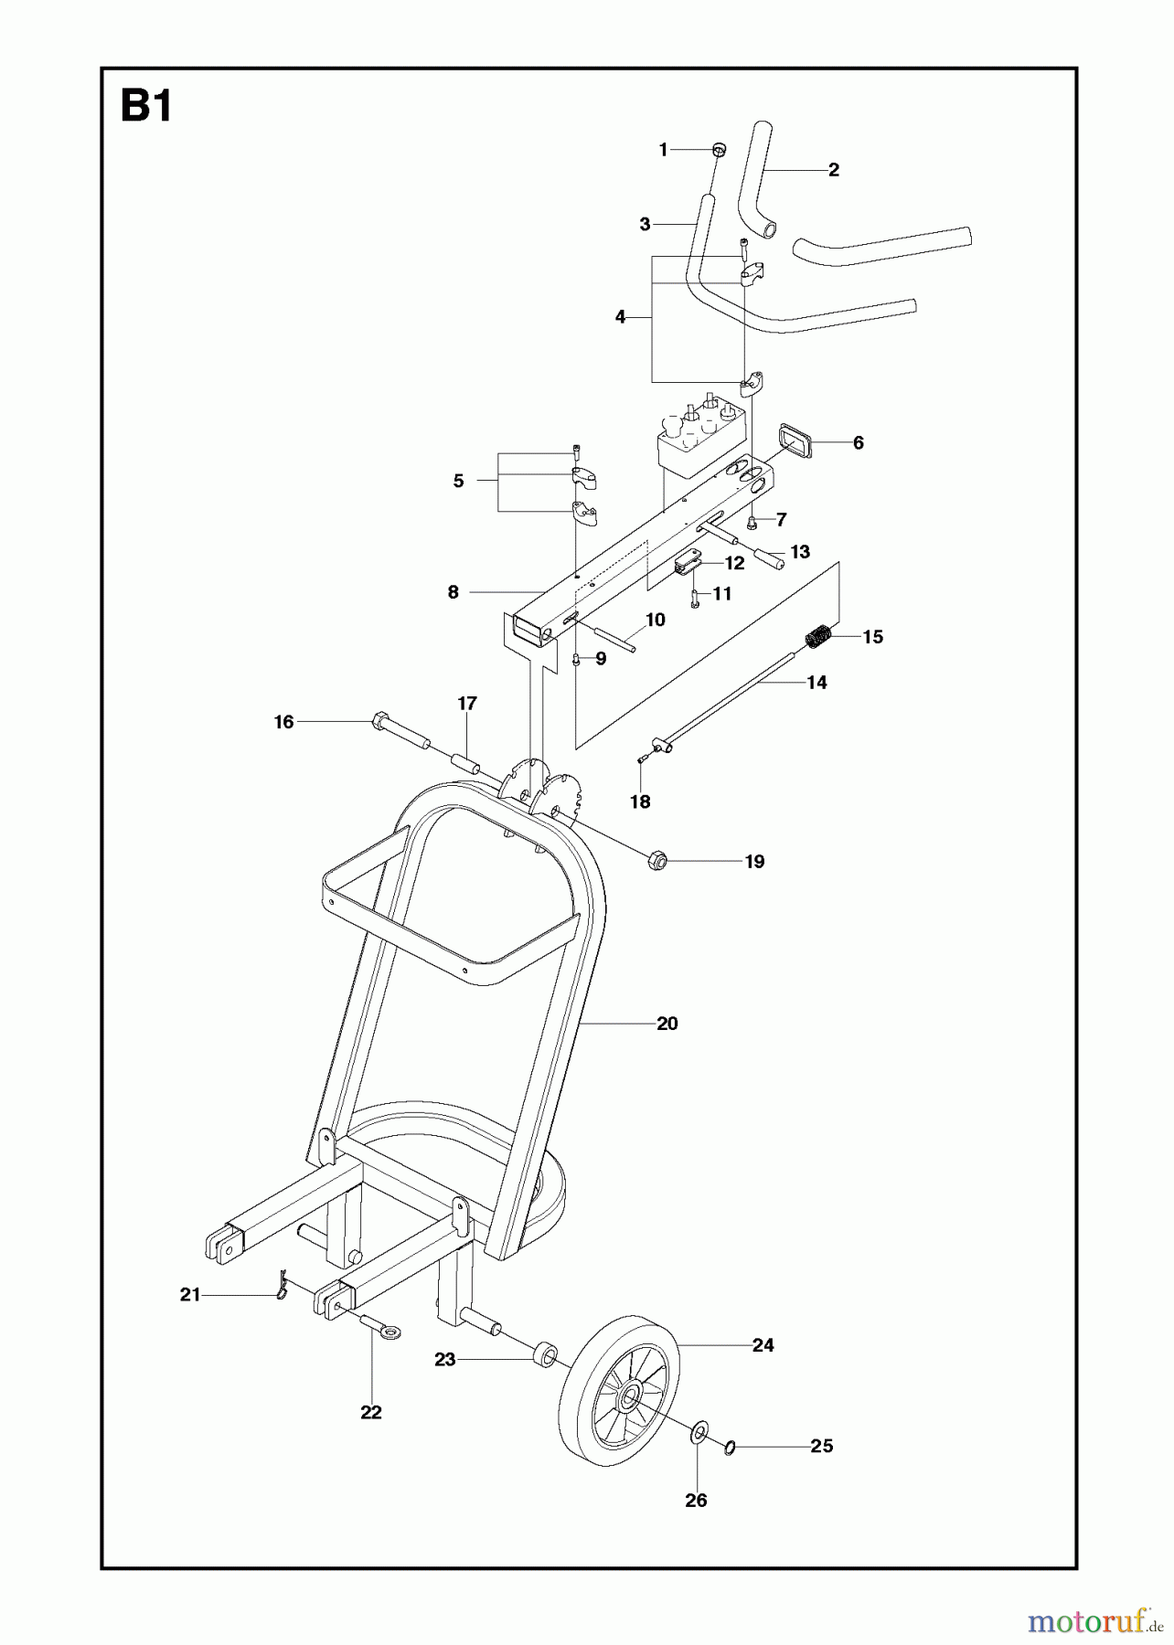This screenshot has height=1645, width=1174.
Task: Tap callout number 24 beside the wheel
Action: point(763,1344)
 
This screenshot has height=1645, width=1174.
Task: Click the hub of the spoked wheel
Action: point(630,1398)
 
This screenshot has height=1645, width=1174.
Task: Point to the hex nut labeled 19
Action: point(656,860)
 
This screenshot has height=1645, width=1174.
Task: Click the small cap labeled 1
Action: point(720,149)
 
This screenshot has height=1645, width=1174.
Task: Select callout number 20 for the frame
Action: point(667,1024)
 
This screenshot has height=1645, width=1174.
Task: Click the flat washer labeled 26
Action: point(698,1429)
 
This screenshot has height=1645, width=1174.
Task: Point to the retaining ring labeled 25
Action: point(729,1448)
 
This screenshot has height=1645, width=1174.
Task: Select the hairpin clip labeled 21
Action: point(283,1283)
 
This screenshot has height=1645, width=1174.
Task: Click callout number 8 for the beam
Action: point(453,592)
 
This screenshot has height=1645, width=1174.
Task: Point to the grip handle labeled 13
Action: point(770,557)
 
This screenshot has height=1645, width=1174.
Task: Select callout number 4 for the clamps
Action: point(621,317)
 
